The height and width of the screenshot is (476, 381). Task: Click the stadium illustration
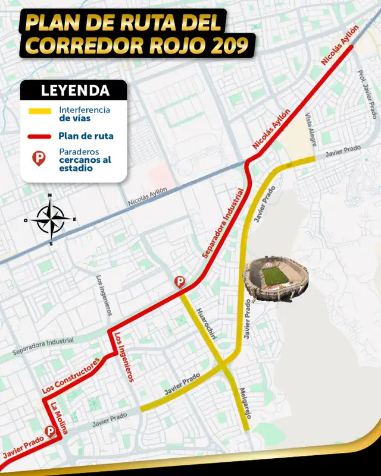(x=275, y=279)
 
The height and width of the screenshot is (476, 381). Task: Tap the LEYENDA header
(x=74, y=91)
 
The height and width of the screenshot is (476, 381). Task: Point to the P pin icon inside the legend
(x=39, y=159)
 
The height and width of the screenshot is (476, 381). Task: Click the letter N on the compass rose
(x=50, y=196)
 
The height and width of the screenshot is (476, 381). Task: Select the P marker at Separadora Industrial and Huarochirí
(x=179, y=282)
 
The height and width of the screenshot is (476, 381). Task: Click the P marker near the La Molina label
(x=51, y=431)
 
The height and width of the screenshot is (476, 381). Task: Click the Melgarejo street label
(x=245, y=403)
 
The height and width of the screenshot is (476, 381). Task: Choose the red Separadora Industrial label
(x=223, y=223)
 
